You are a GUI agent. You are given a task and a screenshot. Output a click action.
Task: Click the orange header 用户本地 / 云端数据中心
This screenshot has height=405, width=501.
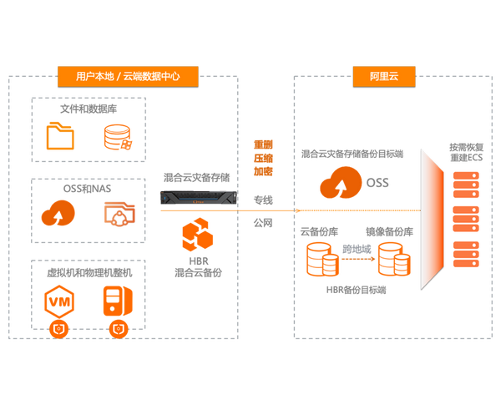(x=128, y=76)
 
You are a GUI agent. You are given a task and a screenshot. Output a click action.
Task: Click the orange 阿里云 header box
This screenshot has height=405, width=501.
(x=384, y=76)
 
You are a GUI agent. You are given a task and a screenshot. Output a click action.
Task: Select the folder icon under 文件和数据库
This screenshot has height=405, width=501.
(x=60, y=136)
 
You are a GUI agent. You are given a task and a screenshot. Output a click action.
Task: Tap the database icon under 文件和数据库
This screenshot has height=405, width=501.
(x=119, y=137)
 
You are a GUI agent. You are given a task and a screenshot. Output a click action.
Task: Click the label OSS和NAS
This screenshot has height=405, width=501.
(x=87, y=189)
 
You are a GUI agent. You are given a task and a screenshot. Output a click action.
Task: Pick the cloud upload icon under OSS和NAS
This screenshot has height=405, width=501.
(x=58, y=213)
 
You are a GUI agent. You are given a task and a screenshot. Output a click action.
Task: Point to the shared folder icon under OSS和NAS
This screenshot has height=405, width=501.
(x=119, y=214)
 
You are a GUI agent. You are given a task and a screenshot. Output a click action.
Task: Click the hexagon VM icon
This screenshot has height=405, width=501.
(x=59, y=302)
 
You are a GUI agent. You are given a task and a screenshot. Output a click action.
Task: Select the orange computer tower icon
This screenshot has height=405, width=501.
(x=118, y=301)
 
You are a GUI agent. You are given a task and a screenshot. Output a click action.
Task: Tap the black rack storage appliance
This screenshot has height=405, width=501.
(x=199, y=198)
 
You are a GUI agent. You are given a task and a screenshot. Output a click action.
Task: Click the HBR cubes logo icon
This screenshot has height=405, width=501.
(x=197, y=235)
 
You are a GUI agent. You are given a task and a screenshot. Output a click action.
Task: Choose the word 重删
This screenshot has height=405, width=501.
(x=263, y=144)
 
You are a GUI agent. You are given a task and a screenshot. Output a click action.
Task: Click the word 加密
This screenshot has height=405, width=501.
(x=263, y=172)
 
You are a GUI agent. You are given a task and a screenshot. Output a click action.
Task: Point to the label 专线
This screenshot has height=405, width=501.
(x=263, y=200)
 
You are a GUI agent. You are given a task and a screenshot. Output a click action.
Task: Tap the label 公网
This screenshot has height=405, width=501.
(x=263, y=223)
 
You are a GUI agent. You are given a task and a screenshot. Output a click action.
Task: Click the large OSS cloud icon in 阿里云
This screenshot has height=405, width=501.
(x=341, y=182)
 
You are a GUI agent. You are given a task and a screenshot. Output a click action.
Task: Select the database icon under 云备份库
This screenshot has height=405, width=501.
(x=322, y=259)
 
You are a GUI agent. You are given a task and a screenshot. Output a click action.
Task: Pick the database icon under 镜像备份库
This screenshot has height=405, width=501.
(x=394, y=259)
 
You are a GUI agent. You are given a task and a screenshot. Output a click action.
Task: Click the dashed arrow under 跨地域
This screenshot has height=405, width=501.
(x=358, y=259)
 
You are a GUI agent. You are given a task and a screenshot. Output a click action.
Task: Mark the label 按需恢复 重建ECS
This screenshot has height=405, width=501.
(x=466, y=153)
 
